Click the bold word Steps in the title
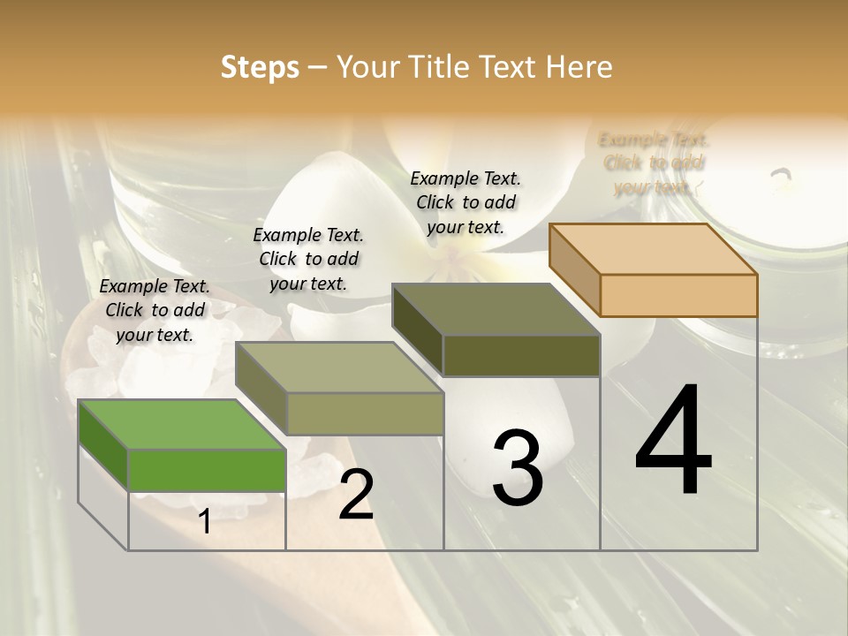coord(260,67)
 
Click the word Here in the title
coord(579,67)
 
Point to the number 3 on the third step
coord(517,468)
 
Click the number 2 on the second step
coord(356,496)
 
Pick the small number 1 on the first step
coord(205,522)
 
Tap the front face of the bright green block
coord(207,470)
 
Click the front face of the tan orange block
coord(678,295)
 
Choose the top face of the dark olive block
coord(496,309)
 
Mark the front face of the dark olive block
coord(521,355)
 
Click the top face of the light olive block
coord(338,367)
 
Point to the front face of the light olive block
coord(364,413)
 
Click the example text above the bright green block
coord(155,310)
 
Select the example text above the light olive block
coord(308,259)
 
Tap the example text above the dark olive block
coord(466,202)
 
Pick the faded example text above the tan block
coord(654,163)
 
